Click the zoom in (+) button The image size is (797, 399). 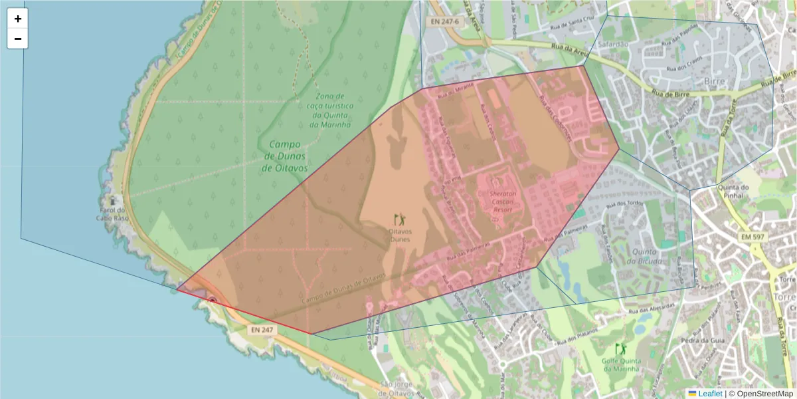tap(18, 19)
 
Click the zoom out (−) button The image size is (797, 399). tap(18, 39)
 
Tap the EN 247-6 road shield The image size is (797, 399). tap(444, 22)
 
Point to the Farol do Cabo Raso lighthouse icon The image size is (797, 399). tap(114, 200)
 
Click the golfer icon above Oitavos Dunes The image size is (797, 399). tap(399, 219)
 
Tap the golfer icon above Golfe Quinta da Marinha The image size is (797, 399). tap(620, 349)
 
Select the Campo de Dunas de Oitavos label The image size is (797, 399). tap(286, 156)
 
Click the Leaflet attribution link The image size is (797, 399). tap(709, 394)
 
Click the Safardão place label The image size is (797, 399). tap(613, 44)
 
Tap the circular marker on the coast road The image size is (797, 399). tap(212, 301)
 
